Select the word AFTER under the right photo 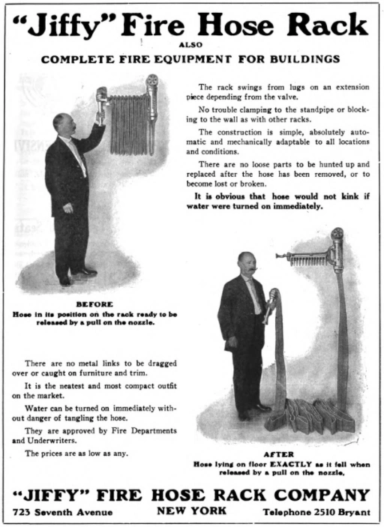click(279, 454)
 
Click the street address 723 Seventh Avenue click(63, 512)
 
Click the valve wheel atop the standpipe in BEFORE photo click(152, 79)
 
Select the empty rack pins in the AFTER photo click(308, 260)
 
